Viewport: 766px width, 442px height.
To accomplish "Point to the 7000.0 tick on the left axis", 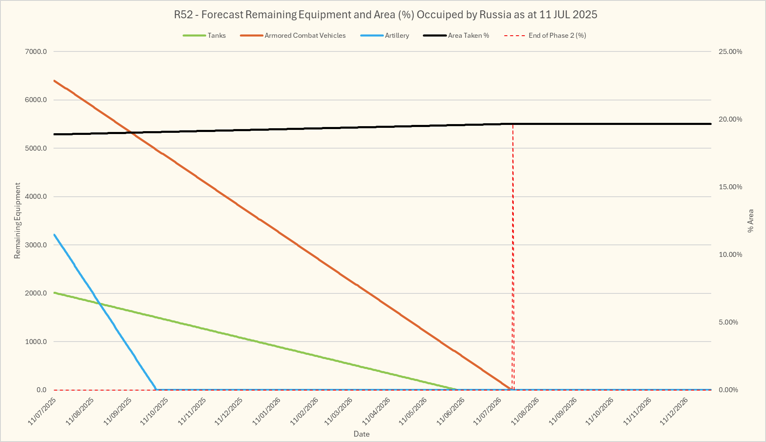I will pyautogui.click(x=36, y=51).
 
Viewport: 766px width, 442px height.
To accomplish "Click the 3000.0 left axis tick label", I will pyautogui.click(x=36, y=245).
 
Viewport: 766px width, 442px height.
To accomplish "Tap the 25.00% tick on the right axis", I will pyautogui.click(x=730, y=51).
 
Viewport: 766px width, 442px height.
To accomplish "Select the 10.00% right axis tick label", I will pyautogui.click(x=730, y=254).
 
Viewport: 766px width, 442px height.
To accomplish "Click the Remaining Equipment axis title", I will pyautogui.click(x=17, y=220).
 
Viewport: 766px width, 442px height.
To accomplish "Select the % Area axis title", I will pyautogui.click(x=750, y=220).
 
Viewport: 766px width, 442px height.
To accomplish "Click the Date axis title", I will pyautogui.click(x=361, y=434).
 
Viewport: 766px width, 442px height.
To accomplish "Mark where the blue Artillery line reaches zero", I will pyautogui.click(x=156, y=390).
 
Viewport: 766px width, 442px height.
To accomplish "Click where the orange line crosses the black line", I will pyautogui.click(x=131, y=133).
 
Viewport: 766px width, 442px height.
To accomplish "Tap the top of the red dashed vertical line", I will pyautogui.click(x=513, y=124).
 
